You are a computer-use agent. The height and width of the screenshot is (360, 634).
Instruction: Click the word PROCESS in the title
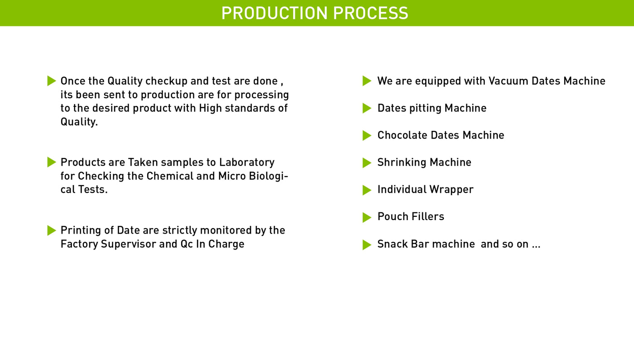pyautogui.click(x=371, y=13)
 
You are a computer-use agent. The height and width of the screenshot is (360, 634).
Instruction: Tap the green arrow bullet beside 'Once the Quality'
pyautogui.click(x=52, y=81)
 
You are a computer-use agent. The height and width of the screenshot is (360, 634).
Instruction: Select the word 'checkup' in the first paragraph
pyautogui.click(x=167, y=81)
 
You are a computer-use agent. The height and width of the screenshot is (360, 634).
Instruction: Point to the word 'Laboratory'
pyautogui.click(x=247, y=163)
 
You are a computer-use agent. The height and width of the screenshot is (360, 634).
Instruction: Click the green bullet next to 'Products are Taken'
pyautogui.click(x=52, y=162)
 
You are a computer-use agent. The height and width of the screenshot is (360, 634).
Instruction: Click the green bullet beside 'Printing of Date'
pyautogui.click(x=52, y=230)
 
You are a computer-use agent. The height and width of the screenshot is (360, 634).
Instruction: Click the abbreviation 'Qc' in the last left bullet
pyautogui.click(x=187, y=244)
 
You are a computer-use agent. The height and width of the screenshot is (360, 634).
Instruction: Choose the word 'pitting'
pyautogui.click(x=425, y=108)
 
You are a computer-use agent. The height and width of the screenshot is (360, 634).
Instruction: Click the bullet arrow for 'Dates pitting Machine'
pyautogui.click(x=367, y=108)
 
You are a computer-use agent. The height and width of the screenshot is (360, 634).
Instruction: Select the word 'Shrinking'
pyautogui.click(x=402, y=163)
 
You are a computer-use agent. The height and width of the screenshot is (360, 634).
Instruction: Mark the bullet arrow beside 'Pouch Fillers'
pyautogui.click(x=367, y=217)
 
